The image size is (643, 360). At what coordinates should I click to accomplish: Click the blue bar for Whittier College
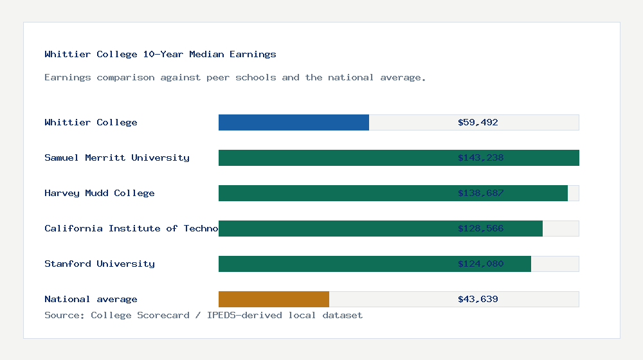(x=294, y=122)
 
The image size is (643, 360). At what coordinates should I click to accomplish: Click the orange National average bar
(x=274, y=299)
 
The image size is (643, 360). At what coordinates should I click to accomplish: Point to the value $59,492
(x=478, y=122)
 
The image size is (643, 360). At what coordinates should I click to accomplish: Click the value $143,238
(x=480, y=157)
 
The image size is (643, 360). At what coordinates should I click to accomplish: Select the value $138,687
(x=480, y=193)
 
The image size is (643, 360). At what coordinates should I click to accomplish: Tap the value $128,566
(x=480, y=228)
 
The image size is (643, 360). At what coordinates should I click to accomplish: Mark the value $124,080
(x=480, y=264)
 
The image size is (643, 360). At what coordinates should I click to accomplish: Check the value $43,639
(x=478, y=299)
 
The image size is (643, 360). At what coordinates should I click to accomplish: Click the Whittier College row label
(x=91, y=122)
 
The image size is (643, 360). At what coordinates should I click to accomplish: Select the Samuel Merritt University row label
(x=117, y=157)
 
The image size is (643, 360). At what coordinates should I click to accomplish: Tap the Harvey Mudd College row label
(x=100, y=193)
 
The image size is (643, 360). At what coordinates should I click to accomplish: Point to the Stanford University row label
(x=100, y=264)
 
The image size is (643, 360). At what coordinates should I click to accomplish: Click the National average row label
(x=91, y=299)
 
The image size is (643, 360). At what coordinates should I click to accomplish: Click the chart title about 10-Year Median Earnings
(x=160, y=55)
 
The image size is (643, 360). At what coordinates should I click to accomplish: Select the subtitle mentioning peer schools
(x=235, y=77)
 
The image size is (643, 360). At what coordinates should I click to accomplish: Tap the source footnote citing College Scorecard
(x=203, y=315)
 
